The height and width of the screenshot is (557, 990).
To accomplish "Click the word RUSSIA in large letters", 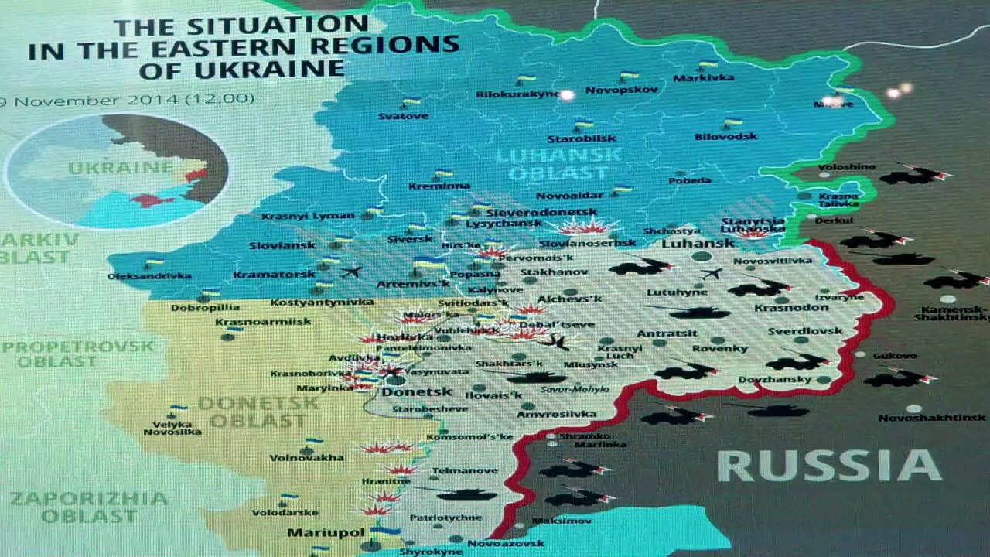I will (x=828, y=466).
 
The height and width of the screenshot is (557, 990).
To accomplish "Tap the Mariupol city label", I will (x=315, y=533).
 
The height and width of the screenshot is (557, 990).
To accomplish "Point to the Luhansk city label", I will (x=688, y=243).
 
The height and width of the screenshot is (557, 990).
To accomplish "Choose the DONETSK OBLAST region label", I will (x=258, y=412).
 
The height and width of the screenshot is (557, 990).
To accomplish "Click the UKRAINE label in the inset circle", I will (x=120, y=168).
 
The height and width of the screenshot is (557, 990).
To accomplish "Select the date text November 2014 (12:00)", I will (x=131, y=100).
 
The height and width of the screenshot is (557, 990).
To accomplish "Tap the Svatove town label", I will (x=403, y=116).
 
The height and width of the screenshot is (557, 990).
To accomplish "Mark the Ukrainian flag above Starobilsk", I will (x=583, y=124).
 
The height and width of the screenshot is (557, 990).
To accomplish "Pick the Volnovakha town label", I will (x=306, y=457).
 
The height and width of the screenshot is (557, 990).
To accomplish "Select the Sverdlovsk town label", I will (x=805, y=331).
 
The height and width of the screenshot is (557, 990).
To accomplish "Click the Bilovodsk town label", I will (x=725, y=136).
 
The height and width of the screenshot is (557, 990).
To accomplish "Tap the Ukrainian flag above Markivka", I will (x=707, y=65).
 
